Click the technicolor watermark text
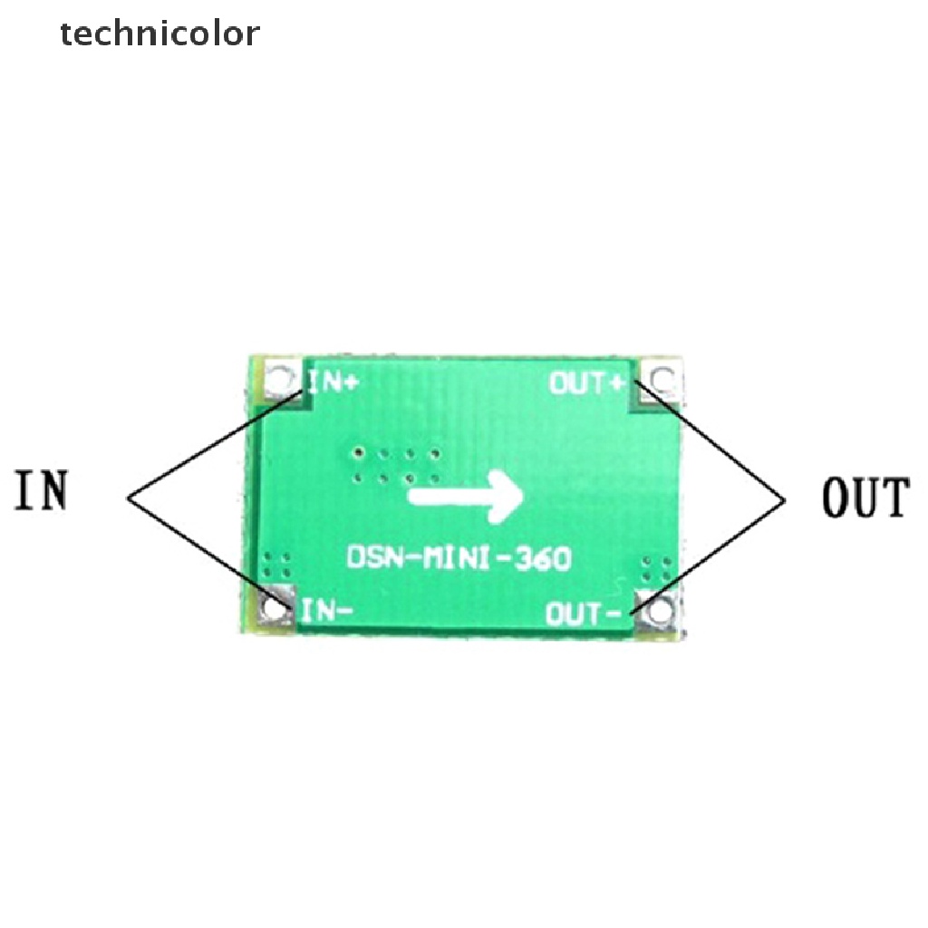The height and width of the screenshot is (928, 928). (x=160, y=34)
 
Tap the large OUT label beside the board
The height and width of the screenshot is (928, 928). (x=865, y=498)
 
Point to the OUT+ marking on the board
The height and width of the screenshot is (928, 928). (x=588, y=383)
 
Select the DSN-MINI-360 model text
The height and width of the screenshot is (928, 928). (x=459, y=557)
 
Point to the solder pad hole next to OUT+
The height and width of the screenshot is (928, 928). (x=662, y=378)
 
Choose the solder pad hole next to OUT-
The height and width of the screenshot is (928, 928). (x=657, y=612)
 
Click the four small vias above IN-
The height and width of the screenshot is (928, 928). (x=278, y=567)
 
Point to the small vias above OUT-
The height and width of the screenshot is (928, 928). (x=657, y=570)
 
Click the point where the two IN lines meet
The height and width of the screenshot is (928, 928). (x=130, y=495)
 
